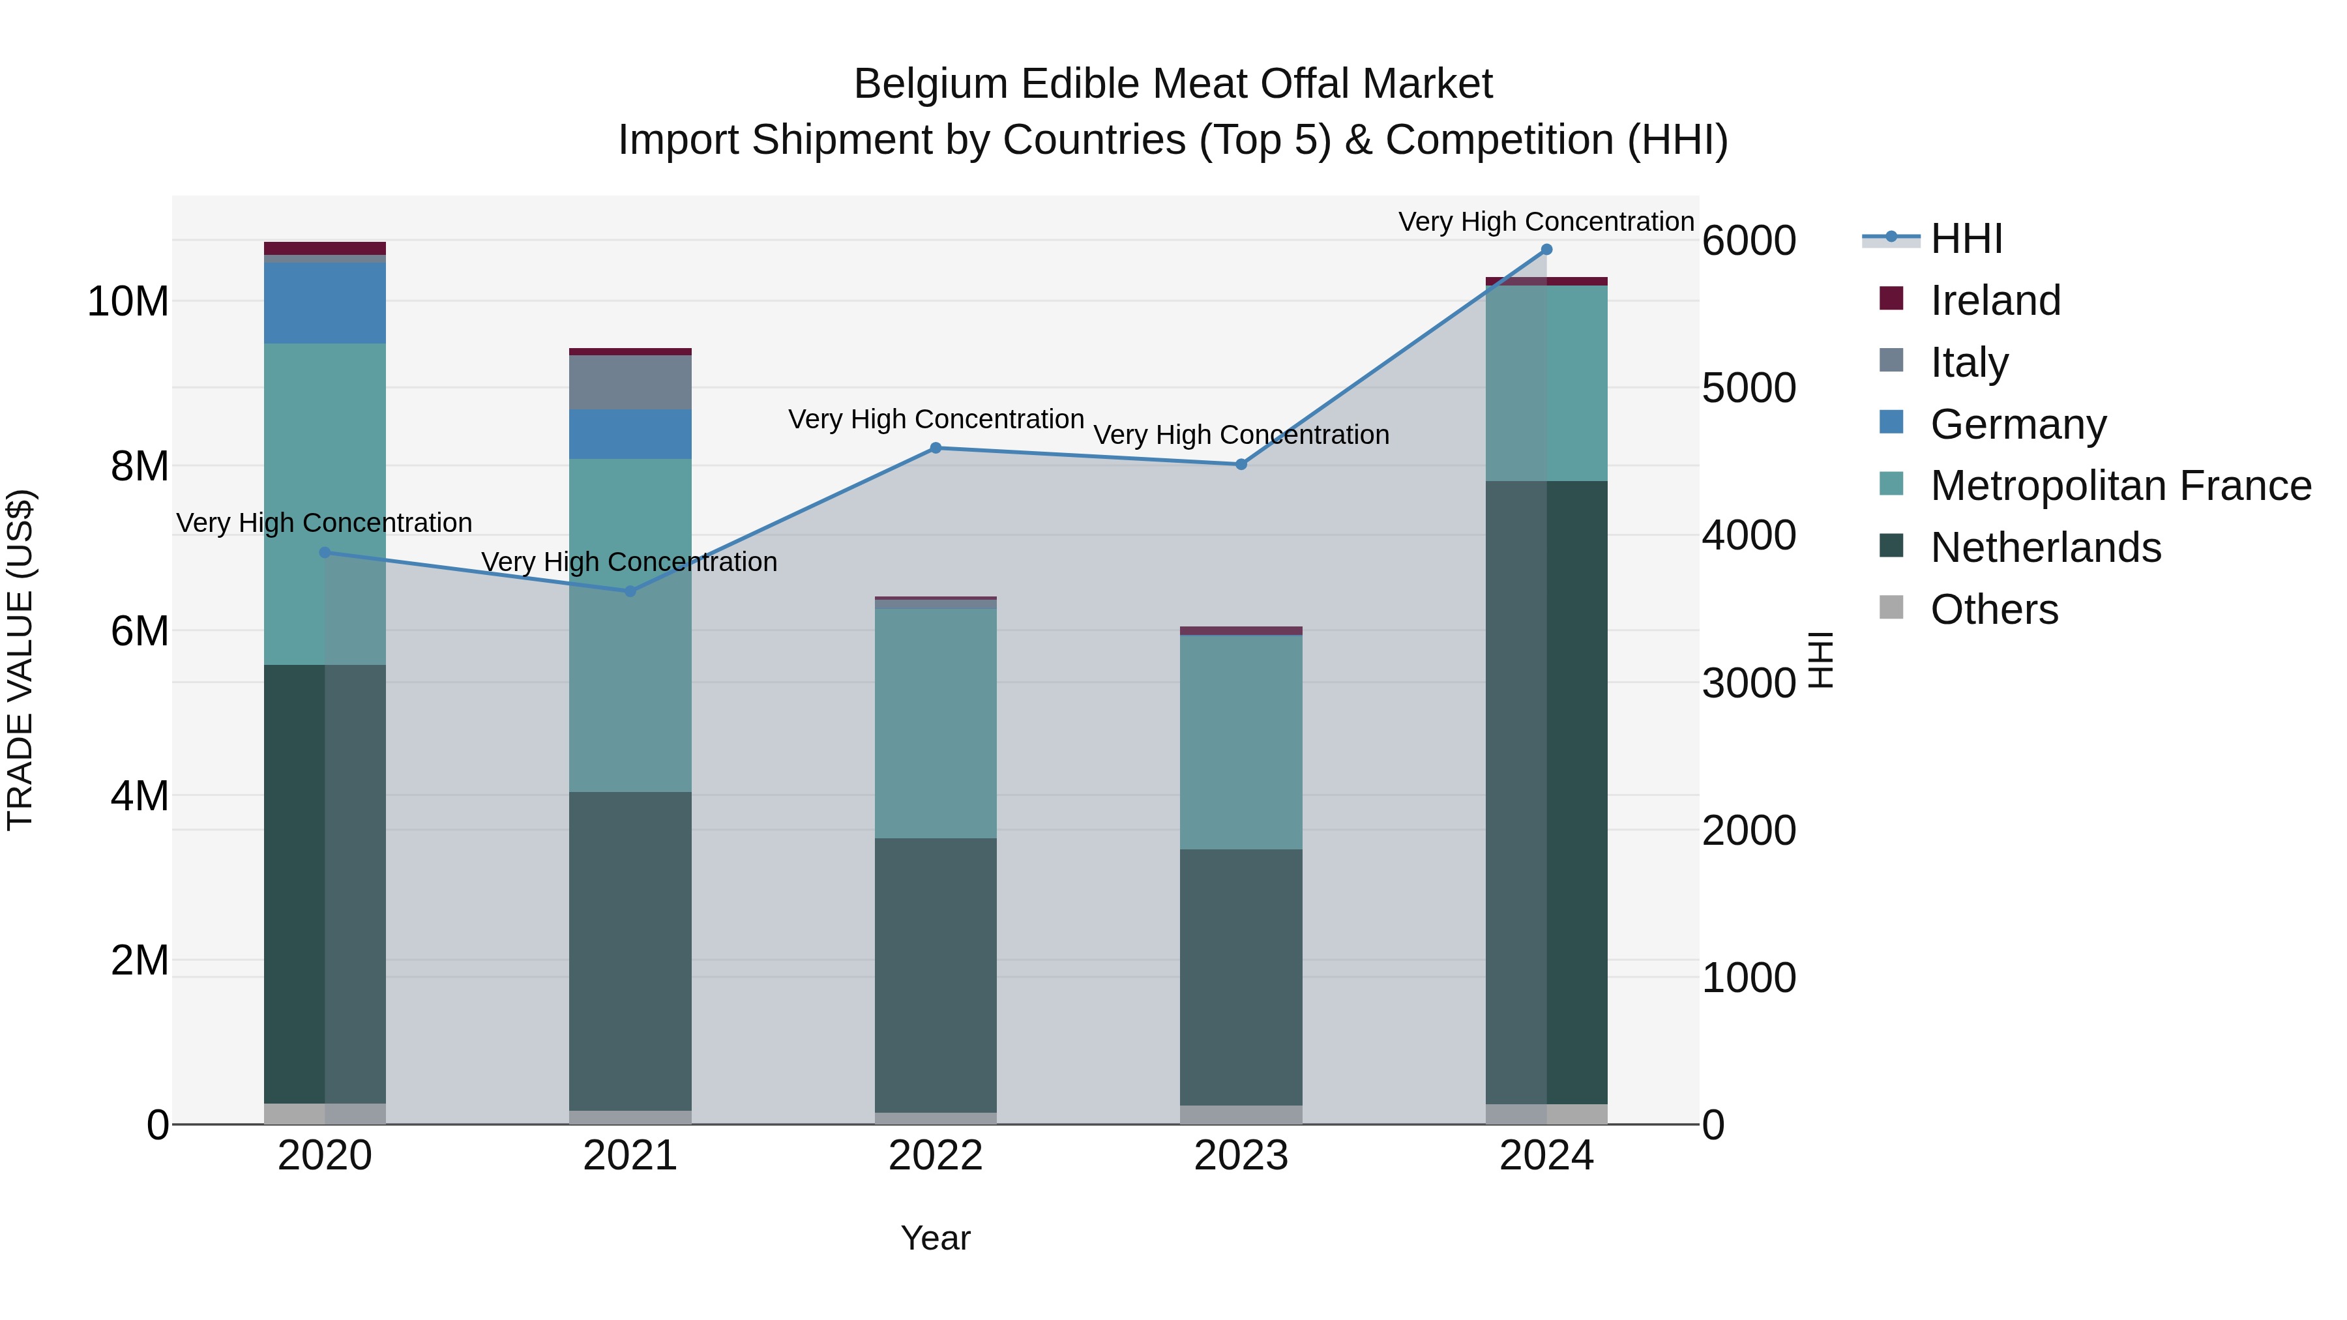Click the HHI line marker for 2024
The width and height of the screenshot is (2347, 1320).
click(x=1546, y=250)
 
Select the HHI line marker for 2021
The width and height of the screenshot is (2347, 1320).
click(x=630, y=591)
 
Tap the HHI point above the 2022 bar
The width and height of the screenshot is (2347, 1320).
click(x=936, y=448)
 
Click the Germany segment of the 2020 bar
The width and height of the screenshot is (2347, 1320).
click(x=325, y=303)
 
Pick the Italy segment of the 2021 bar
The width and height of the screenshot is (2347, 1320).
click(x=630, y=383)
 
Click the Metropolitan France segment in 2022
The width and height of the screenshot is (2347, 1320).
click(x=936, y=724)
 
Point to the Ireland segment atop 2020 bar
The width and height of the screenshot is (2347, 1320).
click(x=325, y=248)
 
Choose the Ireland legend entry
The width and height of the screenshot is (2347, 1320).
click(x=1994, y=301)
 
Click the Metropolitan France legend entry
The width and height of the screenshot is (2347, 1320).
click(x=2120, y=486)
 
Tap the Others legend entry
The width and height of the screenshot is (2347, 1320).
click(x=1994, y=609)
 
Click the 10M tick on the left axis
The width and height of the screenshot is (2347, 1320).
click(x=128, y=302)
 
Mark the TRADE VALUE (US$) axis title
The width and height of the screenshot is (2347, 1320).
click(x=20, y=660)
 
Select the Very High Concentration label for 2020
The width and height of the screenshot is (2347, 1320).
click(x=325, y=523)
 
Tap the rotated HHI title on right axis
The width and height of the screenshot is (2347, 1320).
click(x=1820, y=660)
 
